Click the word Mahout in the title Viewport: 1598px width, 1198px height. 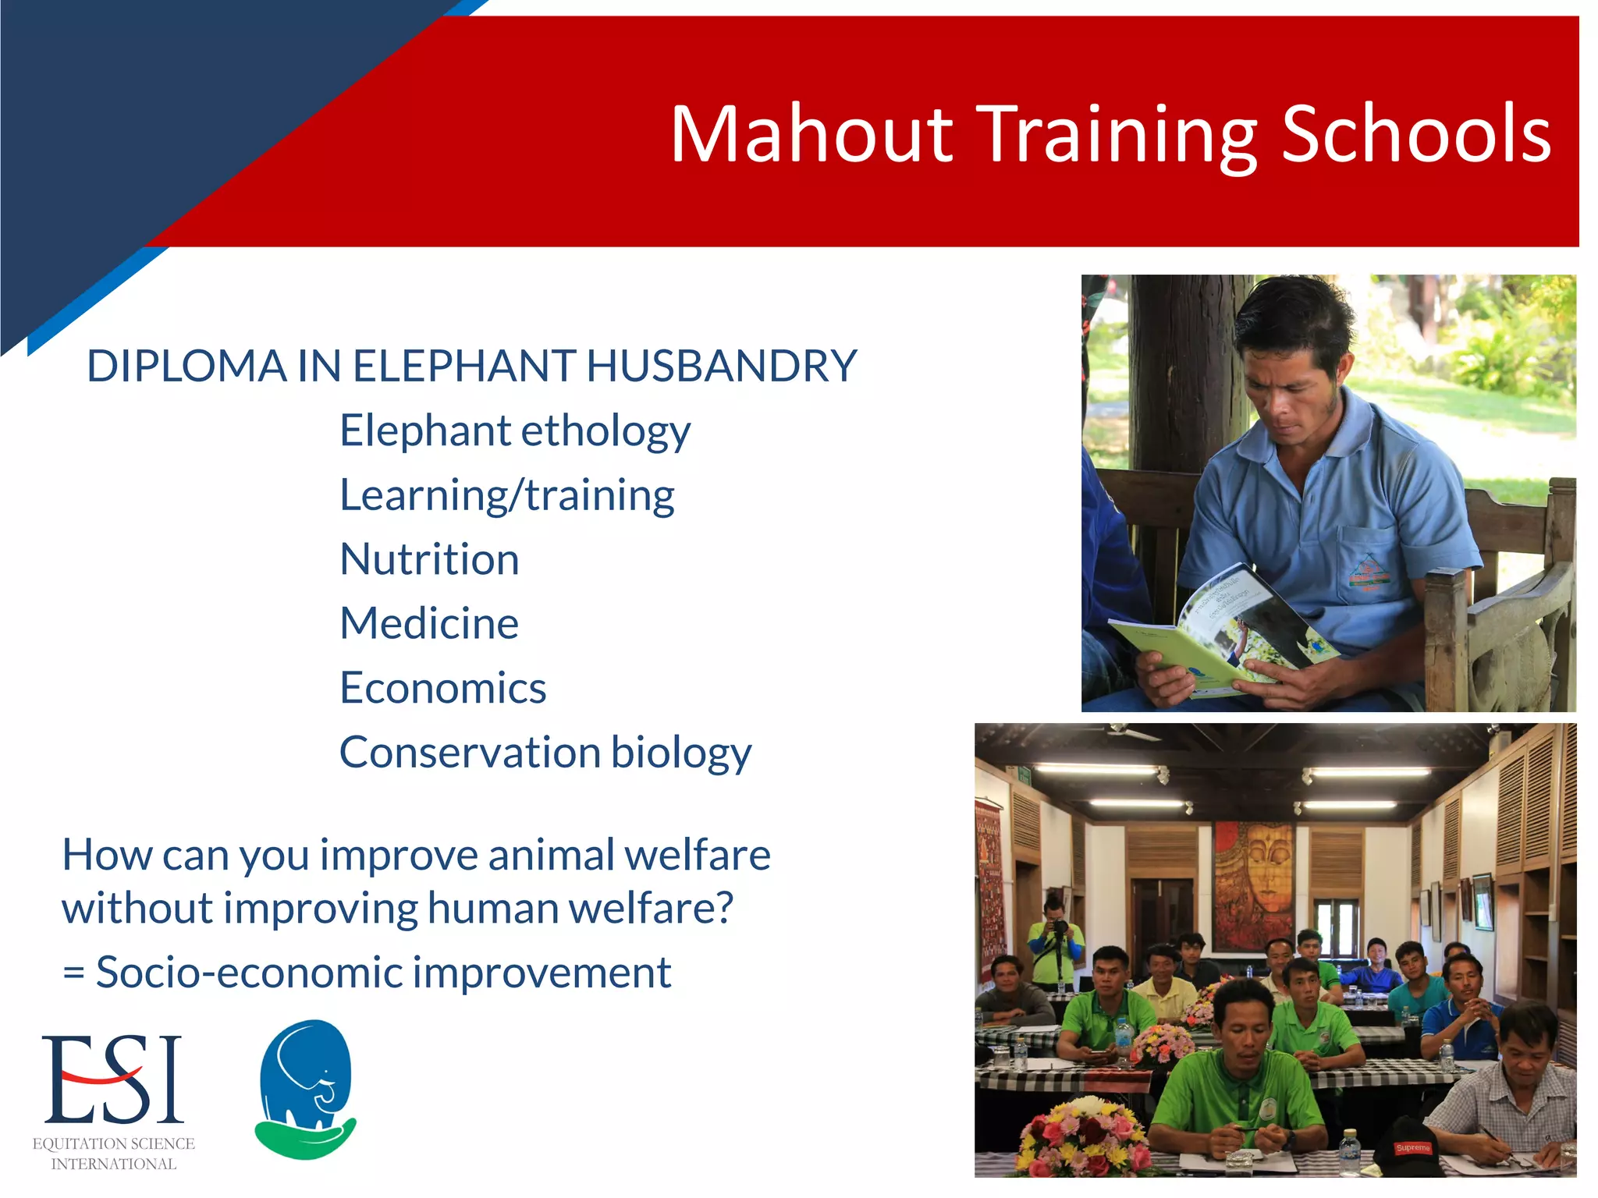(x=811, y=134)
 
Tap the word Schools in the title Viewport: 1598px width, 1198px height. (x=1415, y=134)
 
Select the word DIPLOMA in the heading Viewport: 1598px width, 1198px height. (x=186, y=366)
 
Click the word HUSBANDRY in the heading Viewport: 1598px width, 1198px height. (x=722, y=366)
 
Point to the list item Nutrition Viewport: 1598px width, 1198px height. (x=429, y=559)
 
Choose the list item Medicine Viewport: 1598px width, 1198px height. (x=429, y=623)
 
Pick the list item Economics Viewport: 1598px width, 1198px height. (x=442, y=688)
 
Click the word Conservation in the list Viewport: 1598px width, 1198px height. (x=470, y=752)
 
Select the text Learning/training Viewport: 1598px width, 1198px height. (x=507, y=496)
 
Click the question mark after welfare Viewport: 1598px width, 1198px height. (x=723, y=908)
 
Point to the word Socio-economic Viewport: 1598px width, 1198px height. (x=248, y=973)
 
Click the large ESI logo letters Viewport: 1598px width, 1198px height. (x=113, y=1079)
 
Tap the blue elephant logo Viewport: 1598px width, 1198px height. (x=306, y=1087)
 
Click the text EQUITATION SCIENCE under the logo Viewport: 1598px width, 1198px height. (x=114, y=1143)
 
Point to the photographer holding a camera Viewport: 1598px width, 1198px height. (x=1055, y=940)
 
